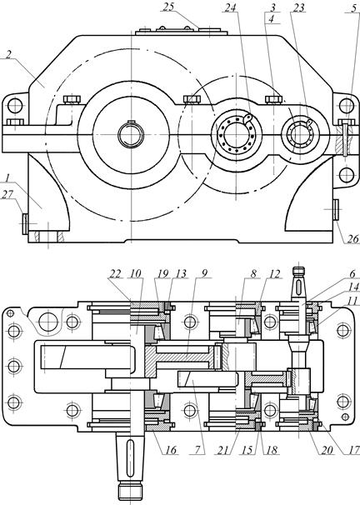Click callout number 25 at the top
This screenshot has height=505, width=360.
[169, 7]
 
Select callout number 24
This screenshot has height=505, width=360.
[231, 7]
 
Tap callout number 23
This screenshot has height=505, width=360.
[298, 7]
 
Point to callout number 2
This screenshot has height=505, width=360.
[8, 54]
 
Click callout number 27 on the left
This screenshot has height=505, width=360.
[8, 194]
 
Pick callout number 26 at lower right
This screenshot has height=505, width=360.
[352, 238]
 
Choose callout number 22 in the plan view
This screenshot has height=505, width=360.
[115, 274]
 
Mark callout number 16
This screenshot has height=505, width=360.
[171, 450]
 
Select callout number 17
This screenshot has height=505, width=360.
[354, 450]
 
